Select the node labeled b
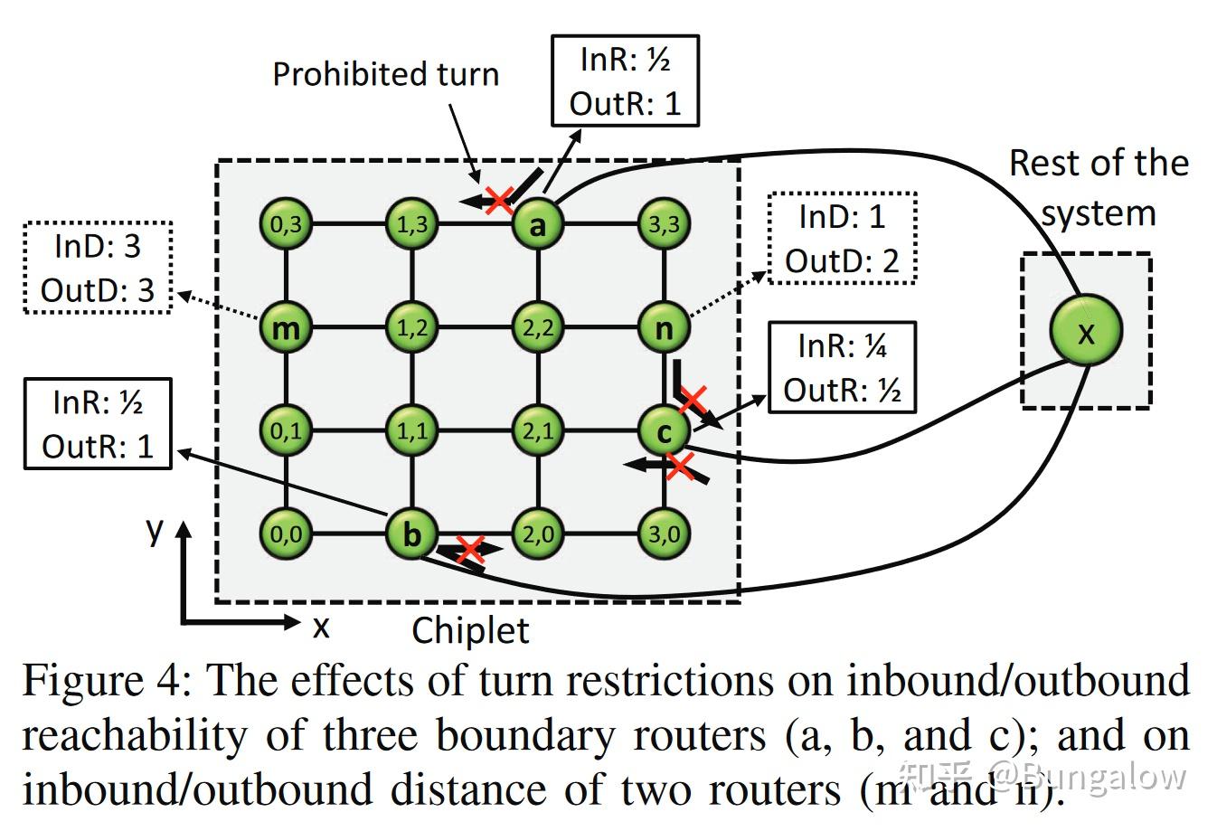click(x=412, y=534)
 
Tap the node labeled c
click(x=664, y=431)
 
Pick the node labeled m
click(x=286, y=327)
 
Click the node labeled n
click(x=664, y=327)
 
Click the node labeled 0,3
click(x=286, y=223)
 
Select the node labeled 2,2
click(x=538, y=327)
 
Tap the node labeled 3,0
click(x=664, y=534)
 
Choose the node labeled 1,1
click(x=412, y=431)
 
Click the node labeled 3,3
click(x=664, y=223)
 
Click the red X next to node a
click(x=499, y=200)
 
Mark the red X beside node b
click(x=469, y=549)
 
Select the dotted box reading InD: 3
click(x=98, y=268)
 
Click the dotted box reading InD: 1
click(x=842, y=239)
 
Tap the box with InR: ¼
click(x=842, y=368)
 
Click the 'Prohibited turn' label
click(x=386, y=74)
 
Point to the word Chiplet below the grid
click(x=470, y=630)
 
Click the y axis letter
click(x=155, y=528)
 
